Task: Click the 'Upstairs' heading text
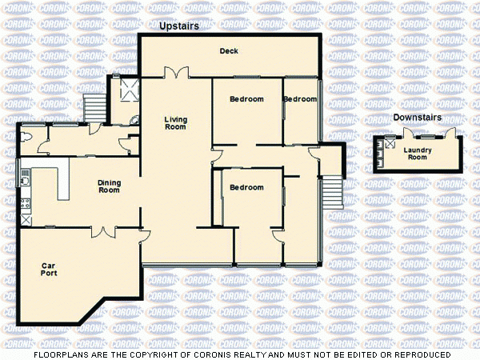(178, 26)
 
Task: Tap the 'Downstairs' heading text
(414, 118)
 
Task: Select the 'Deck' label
(230, 51)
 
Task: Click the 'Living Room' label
(175, 123)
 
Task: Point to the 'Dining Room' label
(109, 186)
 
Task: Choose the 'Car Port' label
(49, 269)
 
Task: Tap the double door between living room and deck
(176, 73)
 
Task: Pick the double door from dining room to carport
(103, 232)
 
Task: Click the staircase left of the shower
(94, 106)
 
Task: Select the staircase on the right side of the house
(331, 193)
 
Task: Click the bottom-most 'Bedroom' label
(246, 187)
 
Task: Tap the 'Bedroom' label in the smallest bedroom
(300, 99)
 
